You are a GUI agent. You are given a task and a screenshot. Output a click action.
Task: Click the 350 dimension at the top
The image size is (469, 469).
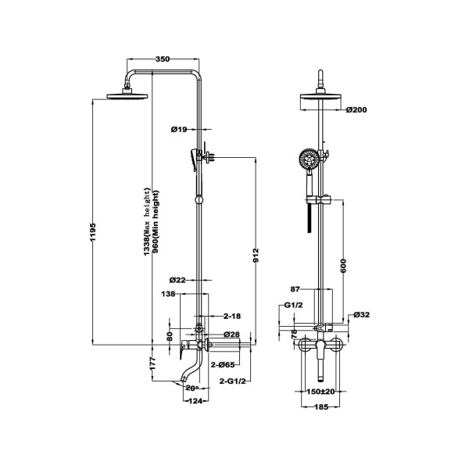coord(162,59)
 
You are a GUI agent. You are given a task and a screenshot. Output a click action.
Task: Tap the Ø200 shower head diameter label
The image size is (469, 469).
coord(356,109)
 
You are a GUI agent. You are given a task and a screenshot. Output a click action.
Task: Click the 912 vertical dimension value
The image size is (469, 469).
coord(256,255)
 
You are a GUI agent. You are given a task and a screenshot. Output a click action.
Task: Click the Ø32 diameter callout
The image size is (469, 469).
coord(361,315)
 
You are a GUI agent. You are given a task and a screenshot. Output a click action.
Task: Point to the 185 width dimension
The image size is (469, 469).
coord(321,407)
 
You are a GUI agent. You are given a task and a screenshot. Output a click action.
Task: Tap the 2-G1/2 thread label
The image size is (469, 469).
coord(233,381)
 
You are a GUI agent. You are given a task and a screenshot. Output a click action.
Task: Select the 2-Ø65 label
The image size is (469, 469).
coord(227,365)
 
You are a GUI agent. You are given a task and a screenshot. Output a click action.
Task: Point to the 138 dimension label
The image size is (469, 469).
coord(167,295)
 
